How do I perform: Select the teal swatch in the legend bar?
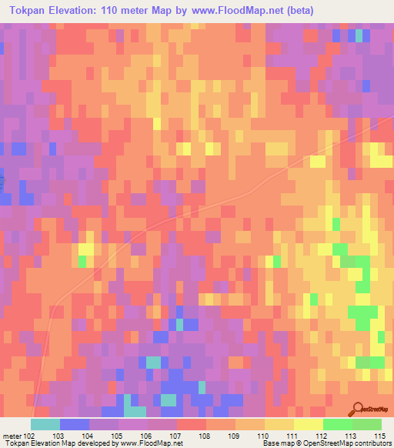45,424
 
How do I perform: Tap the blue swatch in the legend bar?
74,424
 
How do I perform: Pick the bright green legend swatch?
338,424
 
